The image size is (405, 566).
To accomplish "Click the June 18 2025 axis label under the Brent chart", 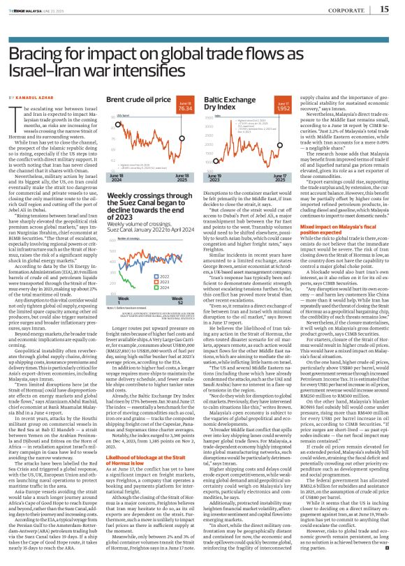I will pyautogui.click(x=183, y=176).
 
